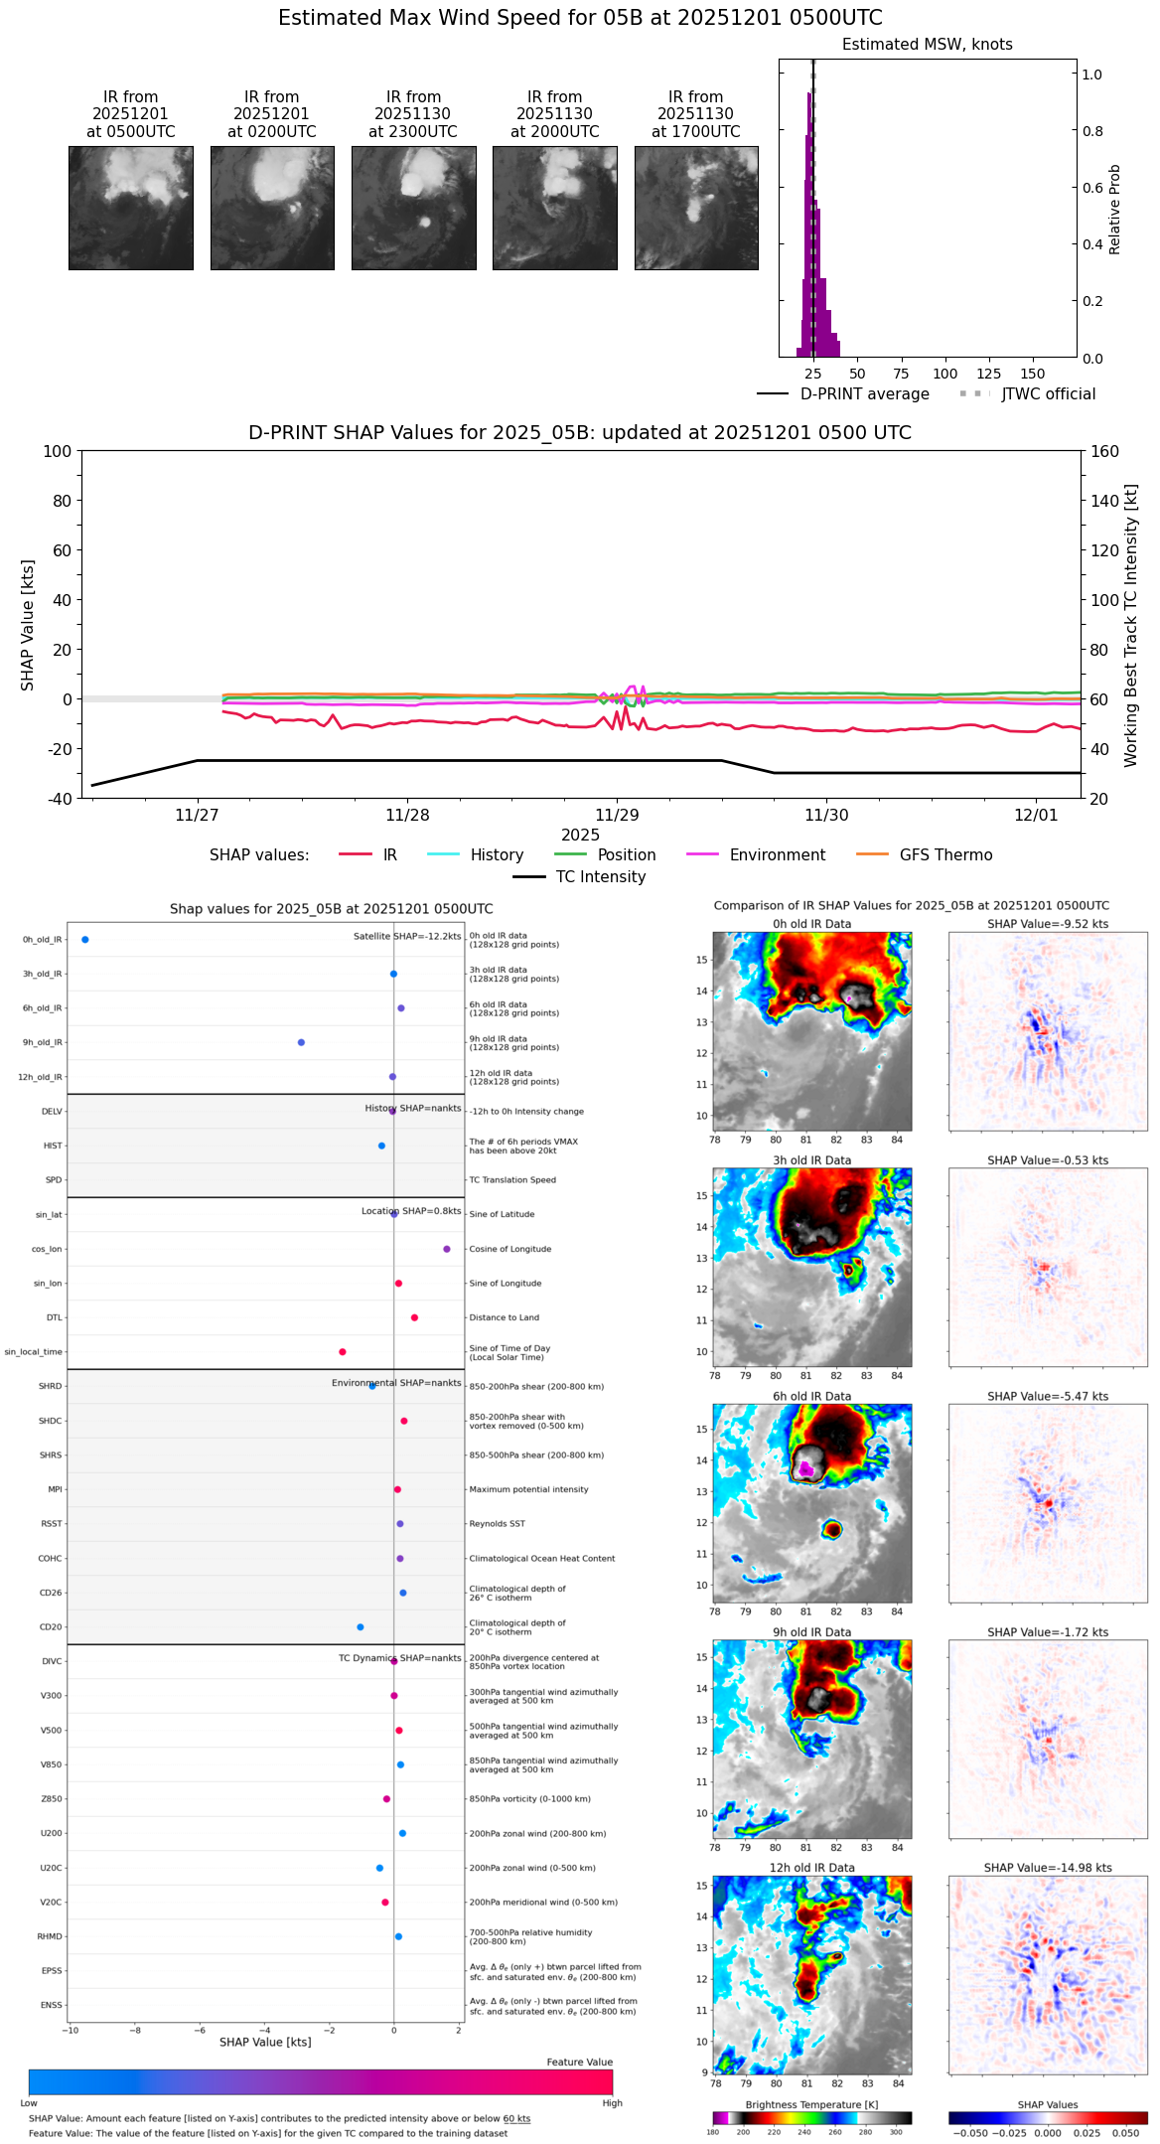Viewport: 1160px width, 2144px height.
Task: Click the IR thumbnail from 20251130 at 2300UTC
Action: [x=413, y=208]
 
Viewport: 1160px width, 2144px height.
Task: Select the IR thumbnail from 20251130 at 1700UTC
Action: [x=696, y=208]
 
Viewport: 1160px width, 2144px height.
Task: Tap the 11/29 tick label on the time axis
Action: [x=617, y=816]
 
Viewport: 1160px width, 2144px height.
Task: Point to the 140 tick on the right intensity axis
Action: [x=1104, y=501]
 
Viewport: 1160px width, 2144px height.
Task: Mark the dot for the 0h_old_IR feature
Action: [x=85, y=940]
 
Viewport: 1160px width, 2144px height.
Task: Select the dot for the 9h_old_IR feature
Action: [x=301, y=1042]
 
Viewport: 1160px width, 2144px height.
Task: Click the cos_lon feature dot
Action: [x=447, y=1249]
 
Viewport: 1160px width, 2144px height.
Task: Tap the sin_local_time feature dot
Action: [x=343, y=1352]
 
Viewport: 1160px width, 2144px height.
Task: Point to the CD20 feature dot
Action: [x=361, y=1627]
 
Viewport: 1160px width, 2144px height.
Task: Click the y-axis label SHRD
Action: [x=50, y=1386]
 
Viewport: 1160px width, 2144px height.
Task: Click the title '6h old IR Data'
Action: [x=811, y=1396]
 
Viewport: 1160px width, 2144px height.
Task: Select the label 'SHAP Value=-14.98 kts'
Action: [x=1048, y=1868]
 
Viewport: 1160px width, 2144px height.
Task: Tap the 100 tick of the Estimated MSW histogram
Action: [x=944, y=374]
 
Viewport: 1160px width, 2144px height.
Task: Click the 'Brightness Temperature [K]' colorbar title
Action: [x=811, y=2104]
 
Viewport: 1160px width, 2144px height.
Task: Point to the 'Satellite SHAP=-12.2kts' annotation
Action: [x=407, y=937]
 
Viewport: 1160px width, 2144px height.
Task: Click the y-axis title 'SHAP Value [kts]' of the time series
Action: [x=28, y=625]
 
